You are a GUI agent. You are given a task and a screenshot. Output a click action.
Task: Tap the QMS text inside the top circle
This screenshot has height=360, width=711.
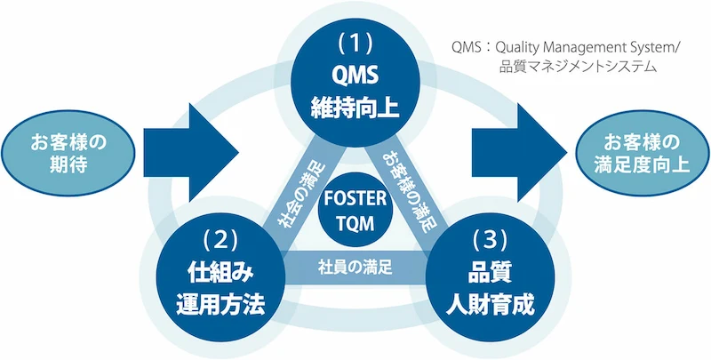coord(354,75)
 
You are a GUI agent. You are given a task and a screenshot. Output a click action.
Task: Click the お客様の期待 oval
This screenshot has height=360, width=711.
coord(68,153)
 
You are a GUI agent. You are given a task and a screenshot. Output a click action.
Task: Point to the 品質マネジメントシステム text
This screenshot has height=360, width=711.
coord(579,67)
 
